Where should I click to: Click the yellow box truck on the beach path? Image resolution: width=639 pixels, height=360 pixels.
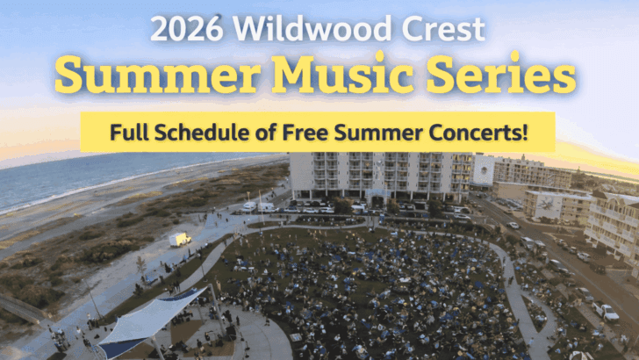[180, 239]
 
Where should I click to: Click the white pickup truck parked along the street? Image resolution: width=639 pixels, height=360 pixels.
[605, 311]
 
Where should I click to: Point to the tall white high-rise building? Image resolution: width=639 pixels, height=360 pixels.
[377, 176]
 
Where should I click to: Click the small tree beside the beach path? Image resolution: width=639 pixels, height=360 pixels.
[140, 263]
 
